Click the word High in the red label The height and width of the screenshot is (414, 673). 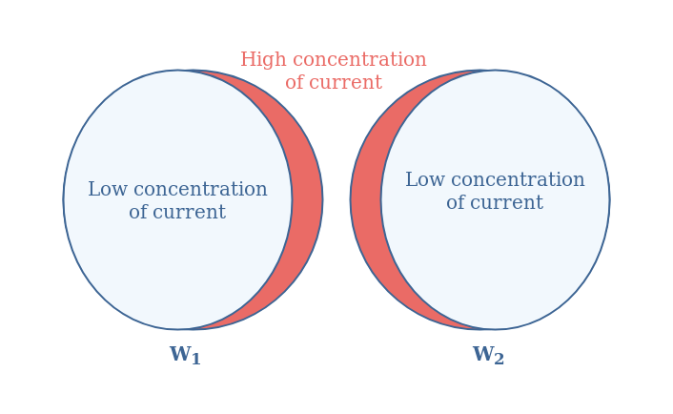(263, 60)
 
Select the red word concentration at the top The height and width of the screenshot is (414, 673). (359, 59)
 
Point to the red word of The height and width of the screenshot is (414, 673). (295, 82)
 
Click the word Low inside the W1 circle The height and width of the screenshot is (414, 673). (108, 189)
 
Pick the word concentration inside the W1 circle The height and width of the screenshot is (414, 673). (200, 190)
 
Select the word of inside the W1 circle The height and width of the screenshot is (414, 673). (138, 212)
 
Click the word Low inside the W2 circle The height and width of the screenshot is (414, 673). (425, 179)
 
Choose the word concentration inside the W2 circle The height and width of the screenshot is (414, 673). (518, 180)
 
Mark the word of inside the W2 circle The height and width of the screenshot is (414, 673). (457, 202)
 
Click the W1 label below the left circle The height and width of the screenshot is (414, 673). (185, 356)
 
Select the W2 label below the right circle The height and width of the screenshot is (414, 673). (488, 356)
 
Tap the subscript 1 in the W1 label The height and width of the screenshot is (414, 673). (196, 359)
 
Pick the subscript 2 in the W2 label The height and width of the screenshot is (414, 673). (500, 359)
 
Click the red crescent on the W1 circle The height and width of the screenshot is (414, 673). (307, 199)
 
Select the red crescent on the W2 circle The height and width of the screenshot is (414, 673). (366, 199)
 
